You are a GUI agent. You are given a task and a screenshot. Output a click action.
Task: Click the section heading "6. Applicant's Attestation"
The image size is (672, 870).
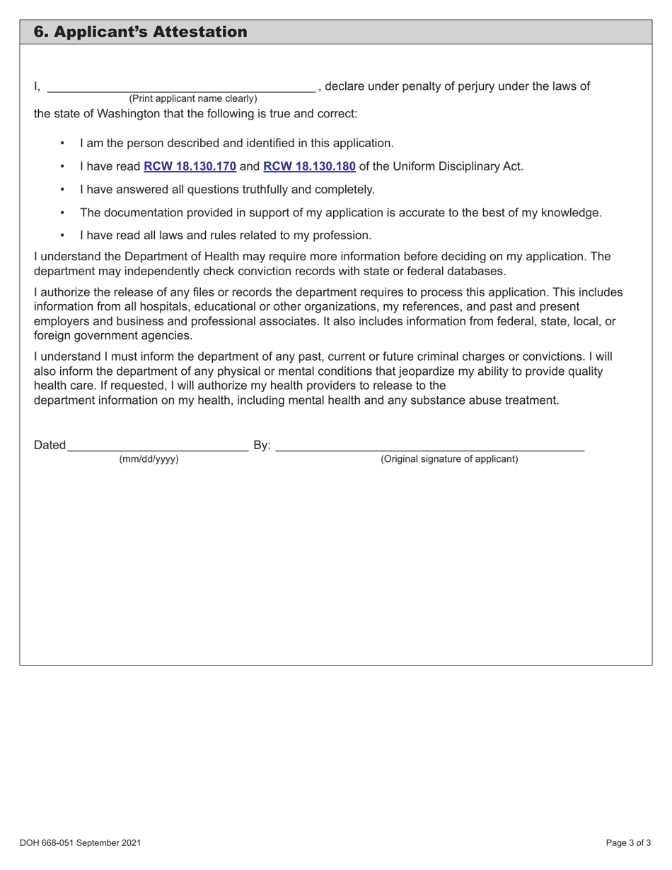point(141,32)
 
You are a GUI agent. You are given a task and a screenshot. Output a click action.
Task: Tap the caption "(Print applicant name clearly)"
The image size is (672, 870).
point(192,98)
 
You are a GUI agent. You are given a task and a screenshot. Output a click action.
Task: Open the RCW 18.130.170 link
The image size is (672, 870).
point(190,167)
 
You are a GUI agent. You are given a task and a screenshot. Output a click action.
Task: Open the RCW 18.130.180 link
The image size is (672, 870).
point(309,167)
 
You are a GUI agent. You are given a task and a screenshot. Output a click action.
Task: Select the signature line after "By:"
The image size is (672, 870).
point(429,445)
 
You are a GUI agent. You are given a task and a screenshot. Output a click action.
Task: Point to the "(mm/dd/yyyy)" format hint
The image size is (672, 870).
point(149,459)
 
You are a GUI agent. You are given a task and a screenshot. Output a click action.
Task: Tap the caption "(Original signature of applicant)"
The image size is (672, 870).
point(449,459)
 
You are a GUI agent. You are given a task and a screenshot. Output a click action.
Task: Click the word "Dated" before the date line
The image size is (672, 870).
point(50,445)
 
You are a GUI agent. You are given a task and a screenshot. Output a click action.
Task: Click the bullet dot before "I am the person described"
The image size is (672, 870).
point(64,144)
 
